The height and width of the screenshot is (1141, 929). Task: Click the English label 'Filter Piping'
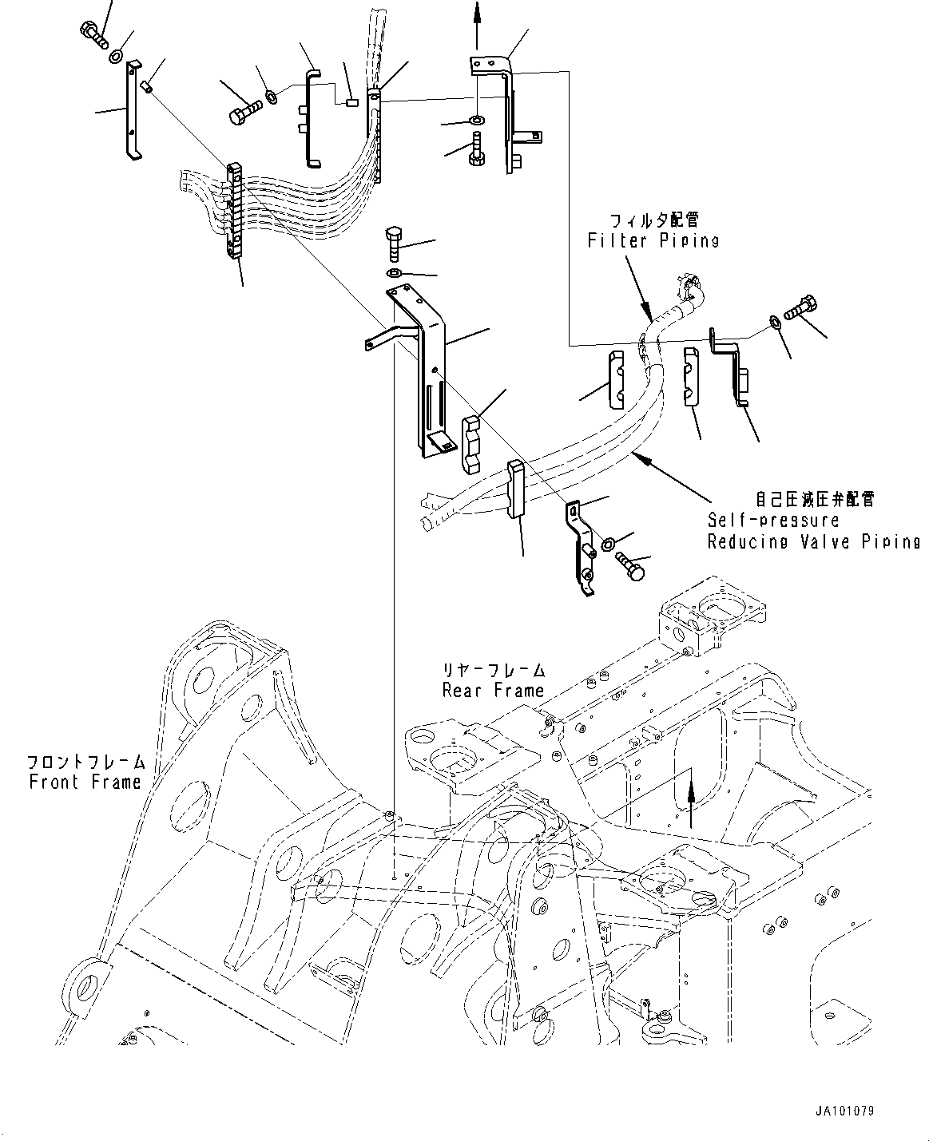[653, 240]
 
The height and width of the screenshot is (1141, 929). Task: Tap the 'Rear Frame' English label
[493, 690]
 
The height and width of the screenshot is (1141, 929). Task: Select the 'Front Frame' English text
[85, 782]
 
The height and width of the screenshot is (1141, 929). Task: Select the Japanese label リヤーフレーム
[494, 671]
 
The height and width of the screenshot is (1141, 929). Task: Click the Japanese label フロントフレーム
[85, 762]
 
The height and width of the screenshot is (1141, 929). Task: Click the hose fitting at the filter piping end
[689, 287]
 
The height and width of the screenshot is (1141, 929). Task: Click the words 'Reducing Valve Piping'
[813, 541]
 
